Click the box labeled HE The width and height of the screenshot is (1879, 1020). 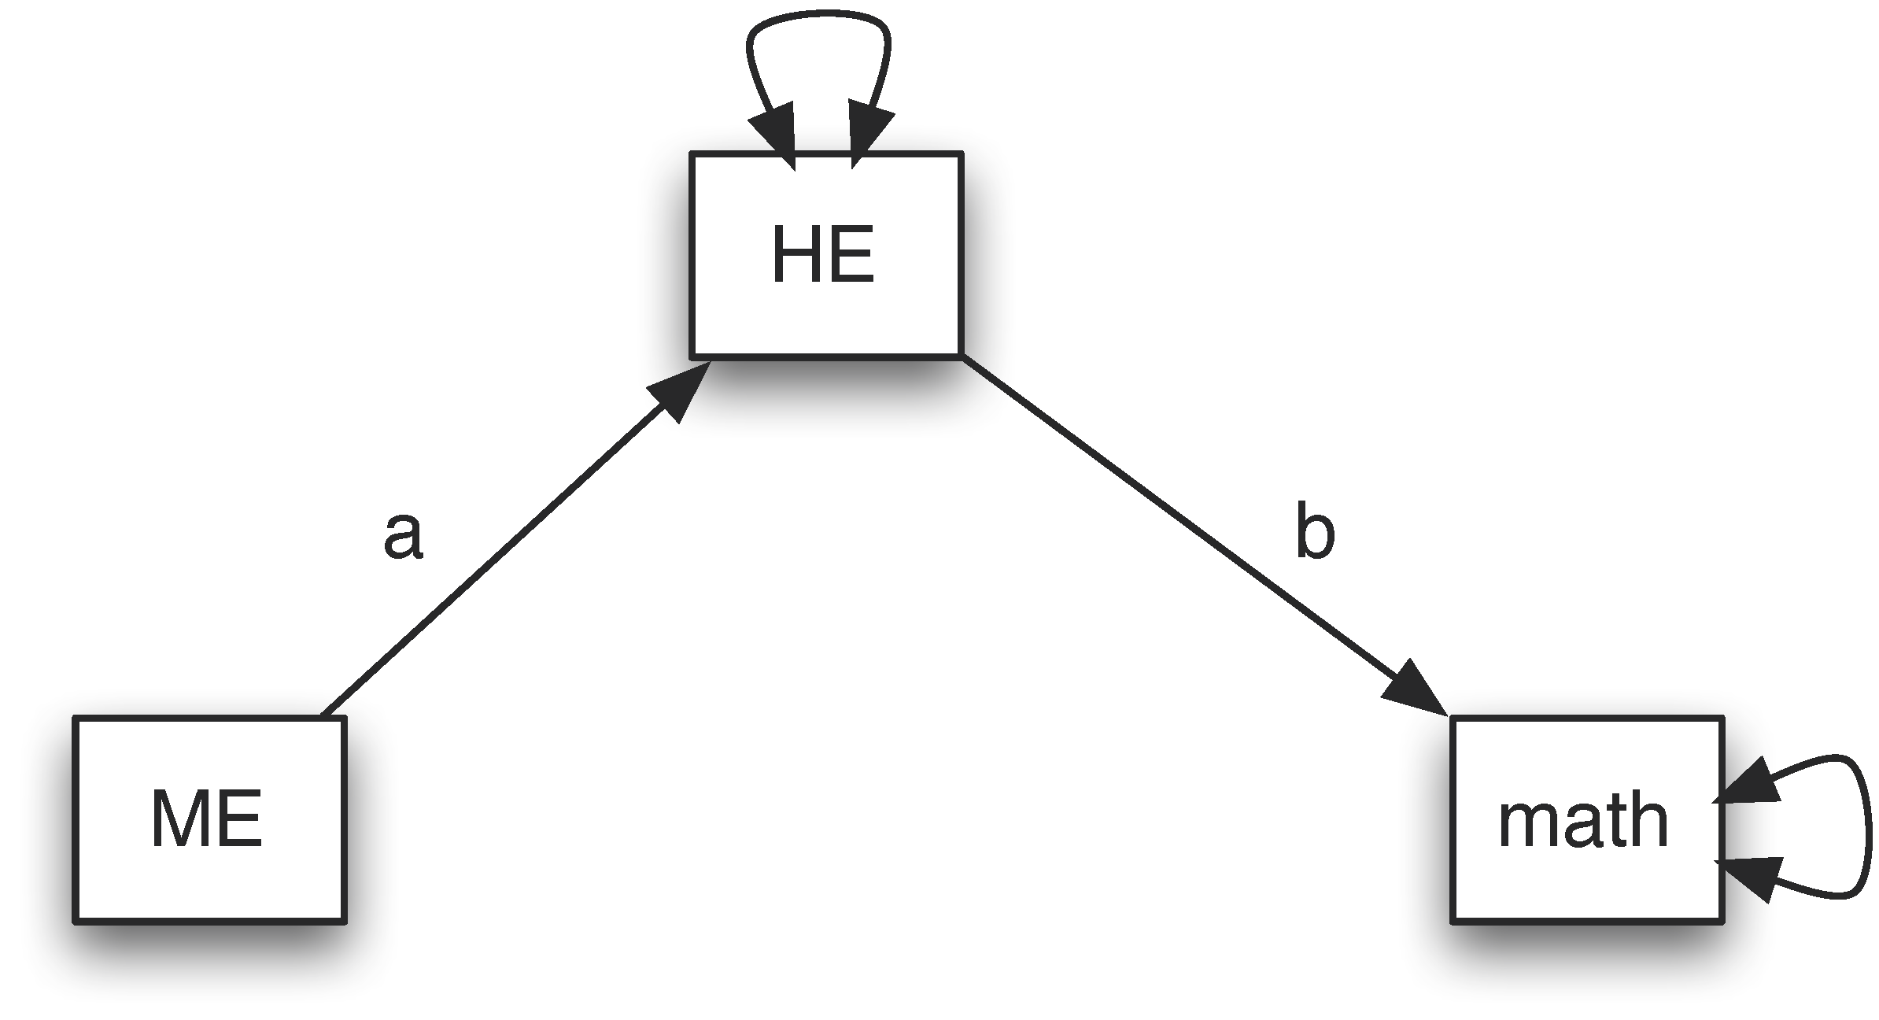click(x=826, y=254)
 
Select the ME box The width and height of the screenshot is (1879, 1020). click(x=209, y=819)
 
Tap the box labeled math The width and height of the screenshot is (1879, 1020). click(x=1587, y=819)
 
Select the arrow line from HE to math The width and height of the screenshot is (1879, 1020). click(x=1180, y=523)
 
